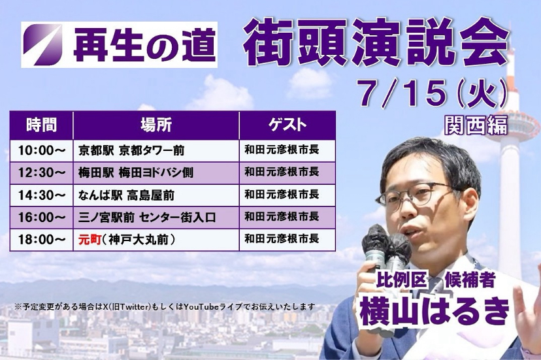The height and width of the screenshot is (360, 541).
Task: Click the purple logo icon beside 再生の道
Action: [42, 44]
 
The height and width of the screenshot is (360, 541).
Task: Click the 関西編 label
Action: [476, 125]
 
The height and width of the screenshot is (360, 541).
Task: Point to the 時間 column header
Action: [41, 125]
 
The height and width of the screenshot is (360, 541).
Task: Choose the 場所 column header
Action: [156, 125]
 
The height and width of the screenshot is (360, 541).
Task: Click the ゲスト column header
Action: [287, 125]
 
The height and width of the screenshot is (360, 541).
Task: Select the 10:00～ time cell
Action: [41, 150]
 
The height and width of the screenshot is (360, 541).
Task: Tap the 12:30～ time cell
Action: [41, 172]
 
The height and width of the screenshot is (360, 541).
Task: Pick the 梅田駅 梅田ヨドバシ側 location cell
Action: [156, 172]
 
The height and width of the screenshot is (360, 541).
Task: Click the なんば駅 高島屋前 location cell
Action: [156, 195]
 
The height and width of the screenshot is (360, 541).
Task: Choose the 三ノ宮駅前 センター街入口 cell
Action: [156, 218]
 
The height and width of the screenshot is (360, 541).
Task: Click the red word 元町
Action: [90, 240]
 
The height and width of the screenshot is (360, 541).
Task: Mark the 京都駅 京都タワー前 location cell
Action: [156, 150]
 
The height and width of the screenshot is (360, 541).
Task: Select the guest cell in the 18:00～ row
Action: [287, 240]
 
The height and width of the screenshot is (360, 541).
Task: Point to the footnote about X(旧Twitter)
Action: [165, 306]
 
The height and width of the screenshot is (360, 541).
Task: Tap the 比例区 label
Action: [402, 280]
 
